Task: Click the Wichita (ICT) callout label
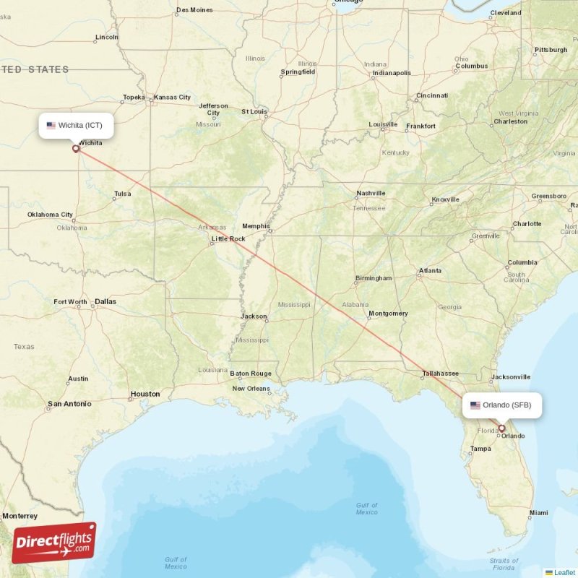click(77, 125)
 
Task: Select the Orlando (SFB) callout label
click(501, 405)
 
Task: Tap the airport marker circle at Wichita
click(76, 149)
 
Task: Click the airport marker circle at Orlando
click(501, 428)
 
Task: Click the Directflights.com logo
click(53, 543)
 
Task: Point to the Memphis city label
click(256, 225)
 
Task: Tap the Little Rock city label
click(228, 238)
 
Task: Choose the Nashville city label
click(371, 193)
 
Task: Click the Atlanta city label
click(430, 271)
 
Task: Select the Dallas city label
click(105, 301)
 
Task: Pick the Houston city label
click(144, 394)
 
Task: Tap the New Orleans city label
click(251, 389)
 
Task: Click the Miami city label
click(538, 512)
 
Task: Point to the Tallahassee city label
click(441, 374)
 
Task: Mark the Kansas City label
click(173, 97)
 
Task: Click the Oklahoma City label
click(50, 215)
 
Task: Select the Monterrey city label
click(20, 516)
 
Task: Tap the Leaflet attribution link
click(564, 572)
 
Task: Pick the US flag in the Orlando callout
click(475, 405)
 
